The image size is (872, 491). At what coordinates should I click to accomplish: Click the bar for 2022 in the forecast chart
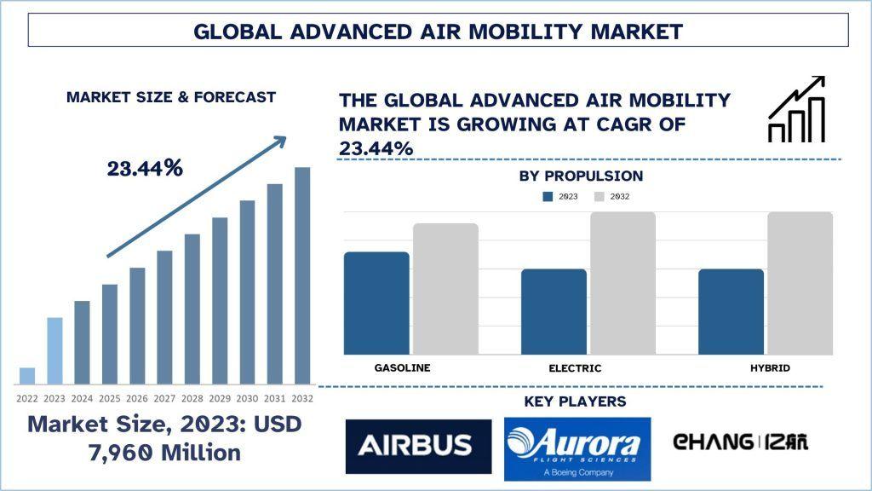(27, 376)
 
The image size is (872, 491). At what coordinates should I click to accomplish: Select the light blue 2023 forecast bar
(54, 350)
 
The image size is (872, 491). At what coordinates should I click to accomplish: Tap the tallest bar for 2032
(302, 275)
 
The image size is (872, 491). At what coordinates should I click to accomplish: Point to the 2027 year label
(164, 398)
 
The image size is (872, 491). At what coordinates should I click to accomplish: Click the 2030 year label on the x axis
(248, 398)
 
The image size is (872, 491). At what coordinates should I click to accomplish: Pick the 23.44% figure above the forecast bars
(145, 169)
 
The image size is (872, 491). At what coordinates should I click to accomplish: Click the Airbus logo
(418, 446)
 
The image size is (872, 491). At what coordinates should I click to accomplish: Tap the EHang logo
(740, 442)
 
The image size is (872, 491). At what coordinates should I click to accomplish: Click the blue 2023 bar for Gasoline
(376, 303)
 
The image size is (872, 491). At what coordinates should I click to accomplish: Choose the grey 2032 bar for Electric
(622, 283)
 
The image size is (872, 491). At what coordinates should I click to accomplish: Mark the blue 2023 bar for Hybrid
(731, 311)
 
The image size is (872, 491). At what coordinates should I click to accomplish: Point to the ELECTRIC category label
(575, 368)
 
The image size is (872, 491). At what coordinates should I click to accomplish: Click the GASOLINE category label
(402, 367)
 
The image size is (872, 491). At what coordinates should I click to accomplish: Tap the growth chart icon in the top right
(796, 109)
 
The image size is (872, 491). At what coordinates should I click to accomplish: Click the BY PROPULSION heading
(581, 176)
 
